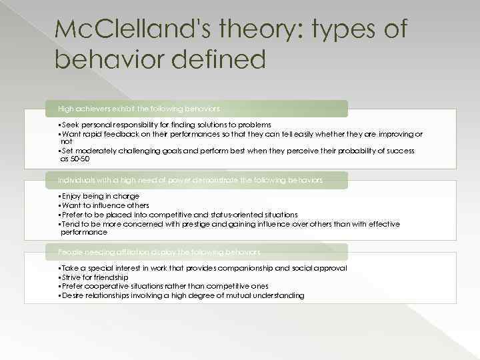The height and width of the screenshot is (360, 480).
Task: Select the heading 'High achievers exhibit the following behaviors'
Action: click(139, 108)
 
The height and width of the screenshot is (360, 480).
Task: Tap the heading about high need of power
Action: click(190, 180)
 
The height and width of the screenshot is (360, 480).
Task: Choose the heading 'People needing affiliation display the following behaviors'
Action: click(159, 252)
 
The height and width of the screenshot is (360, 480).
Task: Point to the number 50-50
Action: click(79, 159)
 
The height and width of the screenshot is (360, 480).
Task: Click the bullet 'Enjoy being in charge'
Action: click(99, 196)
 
